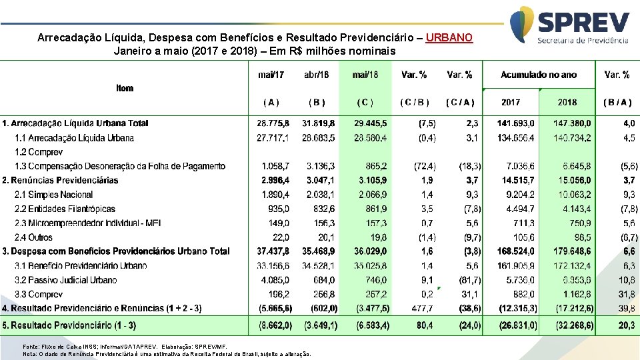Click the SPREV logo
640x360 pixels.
click(x=569, y=27)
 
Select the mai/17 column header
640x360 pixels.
click(x=271, y=75)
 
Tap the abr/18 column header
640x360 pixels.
click(x=316, y=75)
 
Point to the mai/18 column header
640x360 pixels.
click(x=365, y=75)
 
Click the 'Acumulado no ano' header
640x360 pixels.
click(x=538, y=75)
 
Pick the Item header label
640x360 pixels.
click(x=125, y=88)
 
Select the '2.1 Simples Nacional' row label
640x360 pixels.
click(x=53, y=195)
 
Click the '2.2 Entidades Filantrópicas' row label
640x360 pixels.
click(x=65, y=209)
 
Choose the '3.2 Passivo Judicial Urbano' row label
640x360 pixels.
click(x=65, y=280)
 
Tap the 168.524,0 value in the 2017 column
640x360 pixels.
click(x=515, y=251)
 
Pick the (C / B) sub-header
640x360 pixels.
click(x=414, y=103)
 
